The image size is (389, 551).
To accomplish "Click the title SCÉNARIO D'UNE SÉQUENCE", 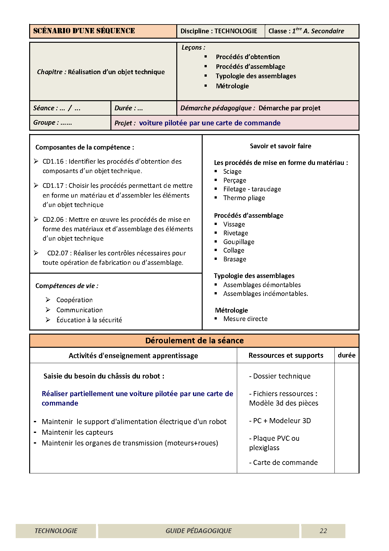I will (x=84, y=31).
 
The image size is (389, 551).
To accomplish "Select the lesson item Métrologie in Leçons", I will (x=232, y=86).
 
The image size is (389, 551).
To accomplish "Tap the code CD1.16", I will (x=53, y=161).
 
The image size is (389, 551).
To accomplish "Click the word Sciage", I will (x=232, y=172).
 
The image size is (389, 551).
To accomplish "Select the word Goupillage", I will (x=239, y=242).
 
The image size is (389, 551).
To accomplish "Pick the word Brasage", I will (x=235, y=259).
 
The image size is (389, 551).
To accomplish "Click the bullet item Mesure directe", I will (x=245, y=319).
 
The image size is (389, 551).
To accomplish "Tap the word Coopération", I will (x=74, y=300).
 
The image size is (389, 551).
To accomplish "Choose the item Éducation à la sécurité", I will (x=89, y=320).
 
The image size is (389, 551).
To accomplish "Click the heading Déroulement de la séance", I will (x=194, y=341).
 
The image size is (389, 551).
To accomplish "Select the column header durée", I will (x=347, y=355).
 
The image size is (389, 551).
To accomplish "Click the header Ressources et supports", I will (x=286, y=355).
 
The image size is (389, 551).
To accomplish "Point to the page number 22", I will (x=323, y=531).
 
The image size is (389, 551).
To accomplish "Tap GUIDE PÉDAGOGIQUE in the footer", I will (x=199, y=531).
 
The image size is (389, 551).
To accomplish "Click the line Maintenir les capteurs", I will (x=77, y=433).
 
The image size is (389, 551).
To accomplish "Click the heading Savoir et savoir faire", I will (x=280, y=146).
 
